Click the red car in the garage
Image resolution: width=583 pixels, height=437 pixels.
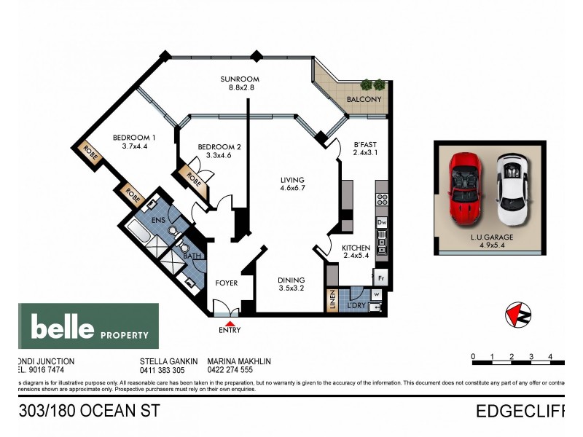[x=465, y=186]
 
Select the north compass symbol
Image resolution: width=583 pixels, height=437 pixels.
[x=517, y=315]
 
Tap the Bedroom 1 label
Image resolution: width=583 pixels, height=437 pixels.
[x=134, y=138]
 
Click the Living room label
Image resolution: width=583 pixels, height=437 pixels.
[x=293, y=180]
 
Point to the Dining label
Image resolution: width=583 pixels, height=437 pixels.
[x=291, y=280]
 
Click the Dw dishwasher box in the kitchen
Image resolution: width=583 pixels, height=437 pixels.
[x=381, y=222]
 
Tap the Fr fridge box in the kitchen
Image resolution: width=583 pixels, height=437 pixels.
[x=380, y=277]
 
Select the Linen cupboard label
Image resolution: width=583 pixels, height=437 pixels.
[x=332, y=302]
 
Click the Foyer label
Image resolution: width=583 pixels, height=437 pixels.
[x=226, y=283]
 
